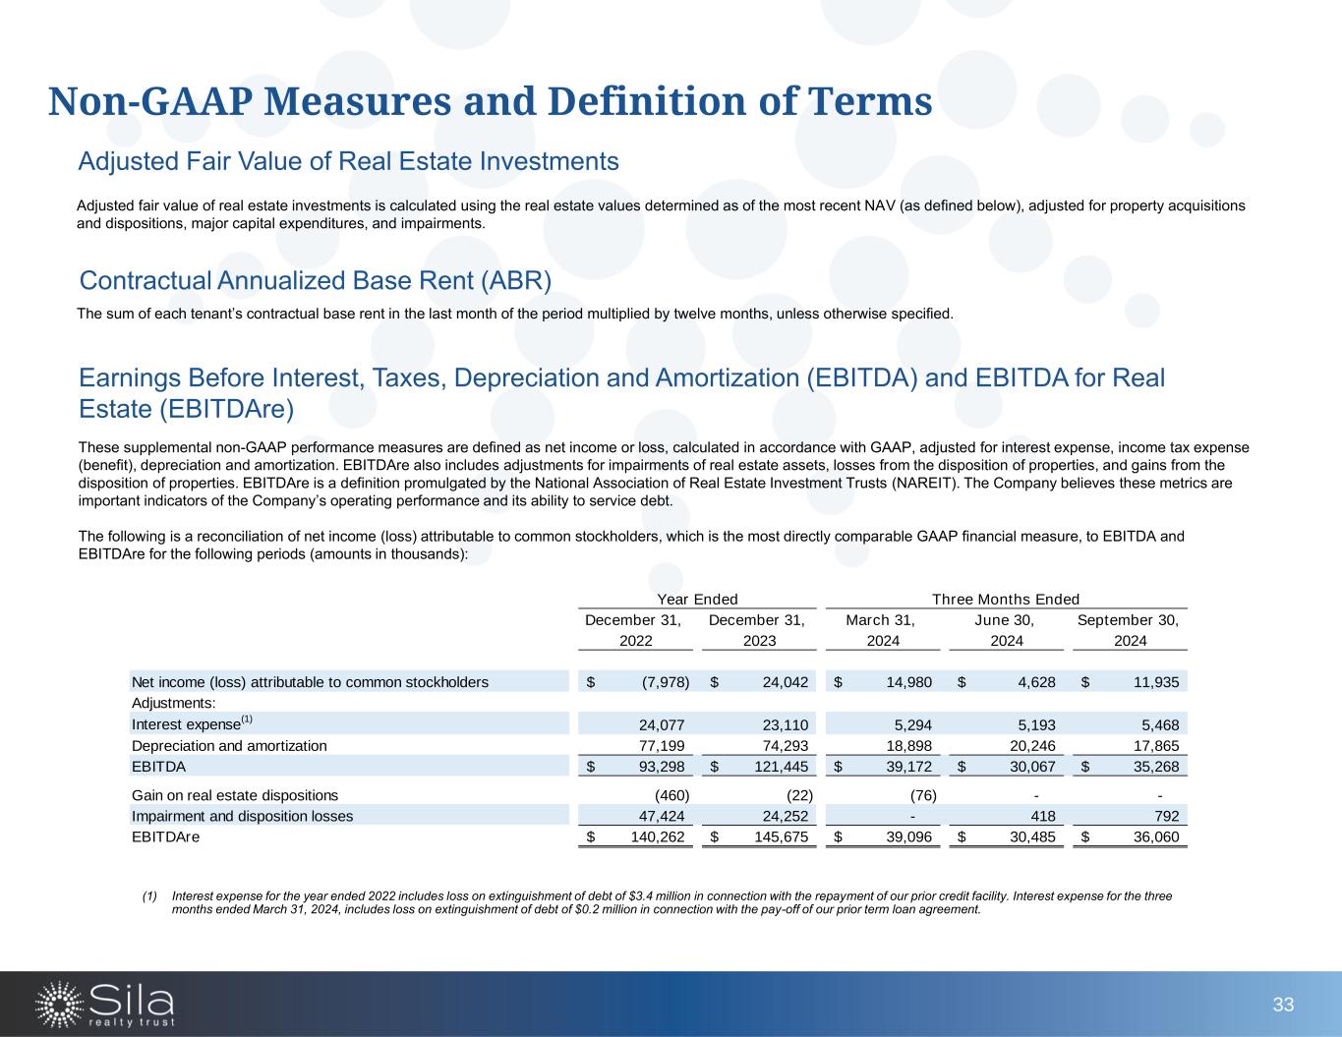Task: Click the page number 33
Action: (x=1283, y=1005)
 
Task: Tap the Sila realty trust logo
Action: (x=105, y=1005)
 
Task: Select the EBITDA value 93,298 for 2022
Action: (x=662, y=767)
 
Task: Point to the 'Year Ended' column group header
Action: (x=697, y=600)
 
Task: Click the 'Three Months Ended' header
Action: (x=1005, y=600)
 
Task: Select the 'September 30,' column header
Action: (x=1128, y=620)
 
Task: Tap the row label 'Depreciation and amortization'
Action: (x=229, y=746)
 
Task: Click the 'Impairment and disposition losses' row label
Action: (x=242, y=816)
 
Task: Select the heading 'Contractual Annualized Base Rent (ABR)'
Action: (x=315, y=281)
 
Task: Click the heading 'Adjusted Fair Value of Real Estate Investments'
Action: (x=348, y=161)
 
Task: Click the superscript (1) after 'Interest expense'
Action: (x=247, y=720)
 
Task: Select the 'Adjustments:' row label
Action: (x=173, y=704)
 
